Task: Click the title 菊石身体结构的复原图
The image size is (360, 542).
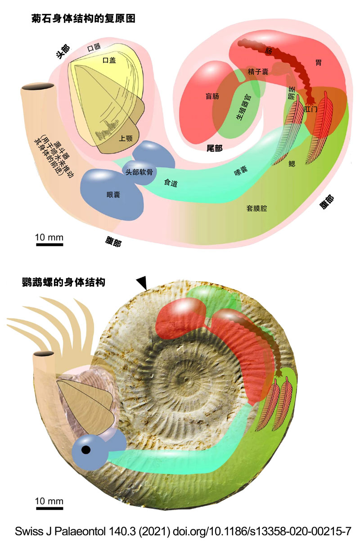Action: [x=83, y=18]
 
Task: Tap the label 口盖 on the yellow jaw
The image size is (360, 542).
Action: [x=109, y=60]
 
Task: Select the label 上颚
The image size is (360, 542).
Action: [x=126, y=138]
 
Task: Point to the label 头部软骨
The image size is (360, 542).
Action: [x=139, y=172]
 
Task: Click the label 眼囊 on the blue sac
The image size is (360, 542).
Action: [x=113, y=194]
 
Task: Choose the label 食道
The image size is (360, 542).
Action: [x=171, y=183]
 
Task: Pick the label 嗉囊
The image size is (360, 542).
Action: [x=241, y=170]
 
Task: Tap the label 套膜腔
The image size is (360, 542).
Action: [x=256, y=208]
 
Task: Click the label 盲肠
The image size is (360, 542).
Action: [x=212, y=96]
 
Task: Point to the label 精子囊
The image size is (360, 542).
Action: [x=258, y=72]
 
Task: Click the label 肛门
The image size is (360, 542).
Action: [x=310, y=109]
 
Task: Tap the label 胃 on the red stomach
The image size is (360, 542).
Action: [x=319, y=63]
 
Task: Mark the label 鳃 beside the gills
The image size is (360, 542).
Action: [x=292, y=164]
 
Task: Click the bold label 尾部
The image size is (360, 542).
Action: [x=214, y=148]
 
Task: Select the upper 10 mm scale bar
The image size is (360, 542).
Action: [x=49, y=244]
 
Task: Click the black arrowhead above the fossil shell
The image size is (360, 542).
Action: [x=142, y=284]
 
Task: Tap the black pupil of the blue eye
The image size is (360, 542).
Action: [x=85, y=450]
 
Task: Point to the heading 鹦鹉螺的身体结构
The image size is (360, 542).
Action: [x=63, y=282]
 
